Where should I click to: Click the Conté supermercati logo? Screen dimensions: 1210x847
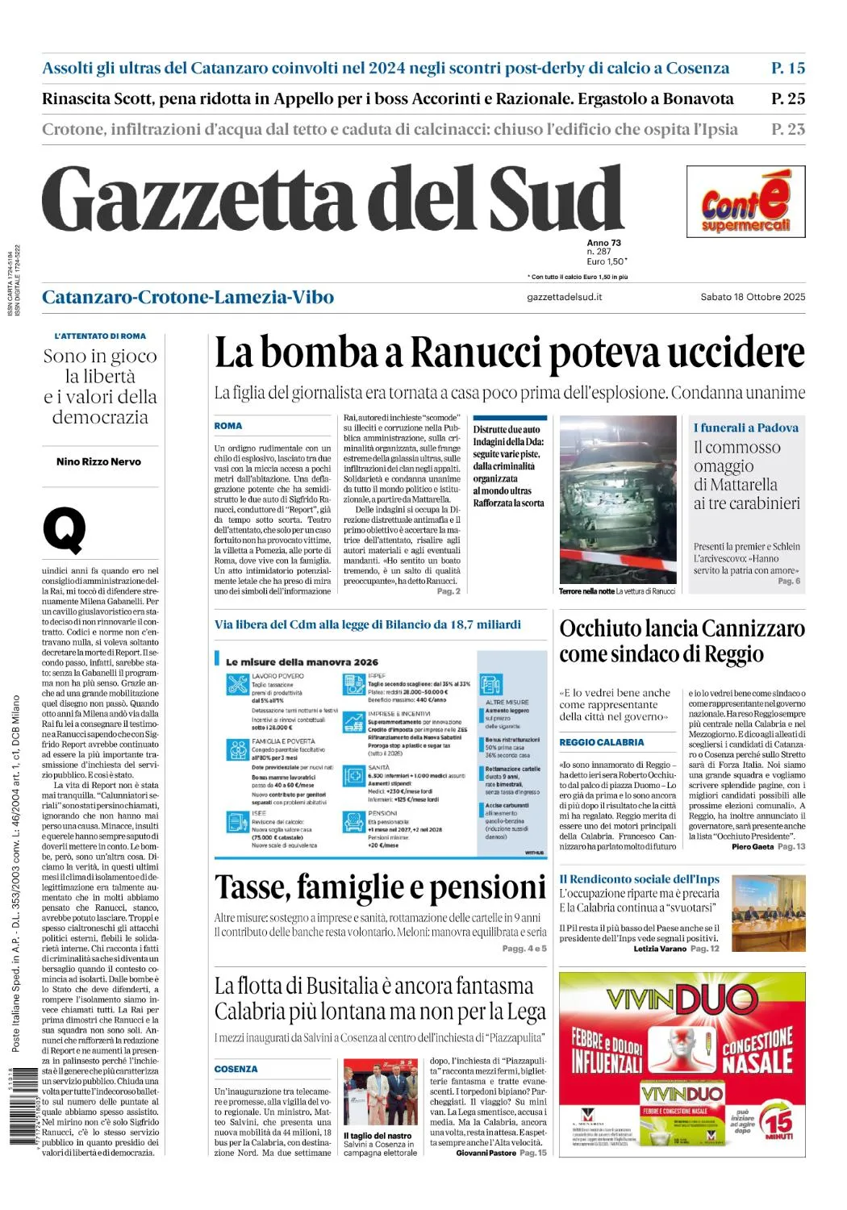click(745, 202)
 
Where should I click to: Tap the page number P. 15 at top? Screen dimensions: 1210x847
click(787, 69)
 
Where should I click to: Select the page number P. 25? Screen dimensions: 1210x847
click(787, 99)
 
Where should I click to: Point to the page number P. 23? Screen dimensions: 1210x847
click(787, 129)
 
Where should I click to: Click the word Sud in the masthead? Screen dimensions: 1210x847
click(556, 199)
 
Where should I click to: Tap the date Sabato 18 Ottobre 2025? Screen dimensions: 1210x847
click(752, 297)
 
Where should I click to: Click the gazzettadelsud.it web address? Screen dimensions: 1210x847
click(564, 297)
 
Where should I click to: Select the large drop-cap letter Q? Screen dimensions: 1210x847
click(65, 529)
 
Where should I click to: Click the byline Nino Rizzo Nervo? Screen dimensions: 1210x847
click(98, 462)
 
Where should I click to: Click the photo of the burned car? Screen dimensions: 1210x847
click(618, 499)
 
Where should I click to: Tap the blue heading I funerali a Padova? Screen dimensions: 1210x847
click(745, 428)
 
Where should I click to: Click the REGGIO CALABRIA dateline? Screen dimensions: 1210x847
click(602, 742)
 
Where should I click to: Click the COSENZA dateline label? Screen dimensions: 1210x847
click(236, 1069)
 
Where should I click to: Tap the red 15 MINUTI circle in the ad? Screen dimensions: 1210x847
click(778, 1123)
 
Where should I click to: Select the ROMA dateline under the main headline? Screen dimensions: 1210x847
click(227, 426)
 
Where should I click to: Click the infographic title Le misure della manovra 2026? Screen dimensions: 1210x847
click(302, 662)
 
